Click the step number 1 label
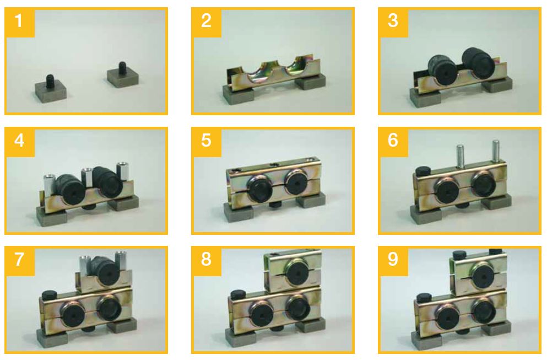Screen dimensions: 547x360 click(x=19, y=20)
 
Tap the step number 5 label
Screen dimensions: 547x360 click(x=206, y=140)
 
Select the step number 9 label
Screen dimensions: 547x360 click(x=393, y=260)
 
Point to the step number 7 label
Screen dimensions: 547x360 click(x=19, y=260)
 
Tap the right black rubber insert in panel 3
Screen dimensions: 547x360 click(x=476, y=63)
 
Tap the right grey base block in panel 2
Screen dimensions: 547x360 click(x=311, y=83)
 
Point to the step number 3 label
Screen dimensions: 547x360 click(x=393, y=20)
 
